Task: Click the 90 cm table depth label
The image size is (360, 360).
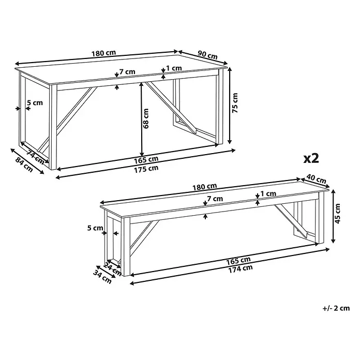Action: [x=207, y=55]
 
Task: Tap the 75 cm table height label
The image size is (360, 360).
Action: [x=235, y=103]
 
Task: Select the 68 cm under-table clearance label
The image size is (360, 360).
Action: [x=146, y=118]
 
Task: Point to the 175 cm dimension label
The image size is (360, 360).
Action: [x=146, y=170]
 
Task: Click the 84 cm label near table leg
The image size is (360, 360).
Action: [x=24, y=165]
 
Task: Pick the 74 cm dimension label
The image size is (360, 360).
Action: [x=35, y=157]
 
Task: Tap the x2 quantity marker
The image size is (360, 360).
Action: [x=311, y=158]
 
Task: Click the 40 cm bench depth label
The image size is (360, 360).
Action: [x=317, y=179]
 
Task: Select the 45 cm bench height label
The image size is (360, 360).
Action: [x=338, y=214]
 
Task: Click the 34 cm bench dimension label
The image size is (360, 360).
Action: [x=102, y=277]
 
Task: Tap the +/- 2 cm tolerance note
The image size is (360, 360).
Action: [x=336, y=308]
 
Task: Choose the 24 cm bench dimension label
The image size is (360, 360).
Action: [x=113, y=269]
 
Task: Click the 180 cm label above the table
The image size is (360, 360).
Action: [x=104, y=53]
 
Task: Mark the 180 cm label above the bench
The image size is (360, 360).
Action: [x=204, y=187]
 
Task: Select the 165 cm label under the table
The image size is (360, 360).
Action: [x=146, y=160]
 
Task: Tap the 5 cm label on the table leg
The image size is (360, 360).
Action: [x=35, y=102]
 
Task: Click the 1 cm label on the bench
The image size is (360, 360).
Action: [x=268, y=194]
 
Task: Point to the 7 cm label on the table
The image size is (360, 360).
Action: [x=127, y=71]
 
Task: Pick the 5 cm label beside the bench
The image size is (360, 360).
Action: [x=95, y=228]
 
